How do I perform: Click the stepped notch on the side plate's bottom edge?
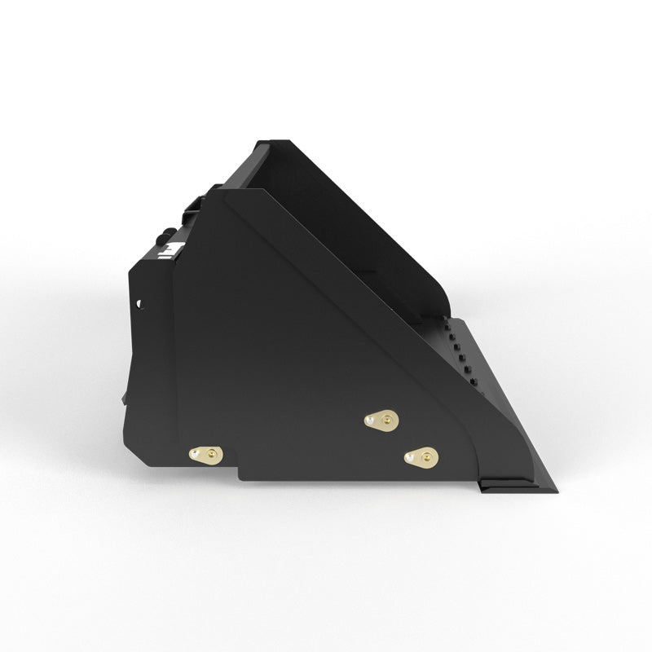(x=237, y=473)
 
